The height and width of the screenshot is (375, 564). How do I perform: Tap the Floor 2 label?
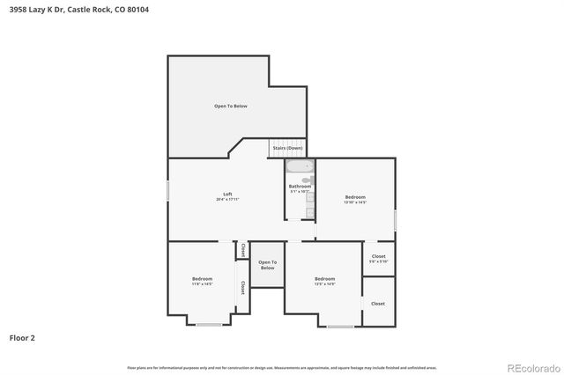click(x=22, y=337)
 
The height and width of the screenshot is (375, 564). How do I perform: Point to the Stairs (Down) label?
click(x=287, y=148)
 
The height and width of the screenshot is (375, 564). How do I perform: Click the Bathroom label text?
click(x=300, y=187)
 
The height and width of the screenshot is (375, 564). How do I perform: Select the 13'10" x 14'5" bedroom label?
click(x=355, y=198)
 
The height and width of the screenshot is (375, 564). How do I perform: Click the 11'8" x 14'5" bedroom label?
click(x=203, y=281)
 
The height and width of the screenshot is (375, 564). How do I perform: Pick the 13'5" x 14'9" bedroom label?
click(x=324, y=281)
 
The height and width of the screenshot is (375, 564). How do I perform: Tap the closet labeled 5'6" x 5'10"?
click(x=378, y=258)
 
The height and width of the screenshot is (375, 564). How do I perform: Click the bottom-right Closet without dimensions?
click(x=378, y=303)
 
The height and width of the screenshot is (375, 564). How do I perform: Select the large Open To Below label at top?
click(x=231, y=106)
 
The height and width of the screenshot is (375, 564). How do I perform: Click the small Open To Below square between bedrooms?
click(x=267, y=264)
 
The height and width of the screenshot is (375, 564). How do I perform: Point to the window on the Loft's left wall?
click(x=168, y=189)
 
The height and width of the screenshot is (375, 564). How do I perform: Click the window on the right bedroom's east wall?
click(x=396, y=219)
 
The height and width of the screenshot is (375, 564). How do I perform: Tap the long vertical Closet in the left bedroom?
click(x=242, y=287)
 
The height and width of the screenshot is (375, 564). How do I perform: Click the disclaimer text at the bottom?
click(x=282, y=367)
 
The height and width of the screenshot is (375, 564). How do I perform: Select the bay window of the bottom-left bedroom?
click(x=209, y=325)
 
